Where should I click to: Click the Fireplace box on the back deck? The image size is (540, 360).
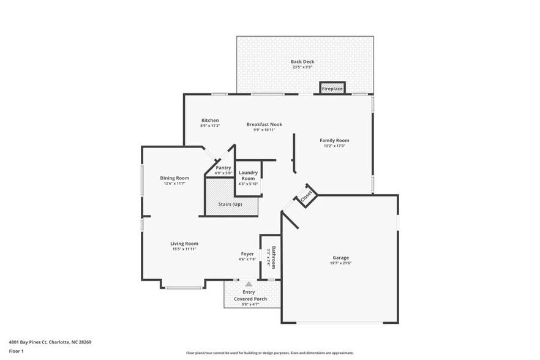pyautogui.click(x=332, y=89)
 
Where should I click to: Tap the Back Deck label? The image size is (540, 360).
pyautogui.click(x=302, y=62)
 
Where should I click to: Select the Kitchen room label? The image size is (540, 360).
pyautogui.click(x=210, y=121)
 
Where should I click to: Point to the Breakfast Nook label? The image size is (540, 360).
pyautogui.click(x=264, y=124)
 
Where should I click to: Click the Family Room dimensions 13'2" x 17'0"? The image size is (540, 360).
pyautogui.click(x=334, y=146)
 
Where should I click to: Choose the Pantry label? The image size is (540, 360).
pyautogui.click(x=223, y=168)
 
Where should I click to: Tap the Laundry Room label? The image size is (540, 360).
pyautogui.click(x=248, y=176)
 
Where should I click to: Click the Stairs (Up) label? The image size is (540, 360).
pyautogui.click(x=230, y=204)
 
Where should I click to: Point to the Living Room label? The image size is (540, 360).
pyautogui.click(x=184, y=244)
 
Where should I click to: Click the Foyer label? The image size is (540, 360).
pyautogui.click(x=247, y=253)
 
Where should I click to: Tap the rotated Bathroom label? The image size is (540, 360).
pyautogui.click(x=274, y=257)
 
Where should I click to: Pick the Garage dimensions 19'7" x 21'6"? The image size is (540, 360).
pyautogui.click(x=341, y=263)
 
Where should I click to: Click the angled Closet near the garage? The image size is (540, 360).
pyautogui.click(x=306, y=195)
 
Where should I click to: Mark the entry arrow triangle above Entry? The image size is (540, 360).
pyautogui.click(x=249, y=284)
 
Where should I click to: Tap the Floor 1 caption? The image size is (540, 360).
pyautogui.click(x=17, y=351)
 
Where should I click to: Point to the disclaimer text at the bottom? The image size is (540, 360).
pyautogui.click(x=269, y=353)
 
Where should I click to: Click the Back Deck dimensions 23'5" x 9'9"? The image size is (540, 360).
pyautogui.click(x=302, y=67)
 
